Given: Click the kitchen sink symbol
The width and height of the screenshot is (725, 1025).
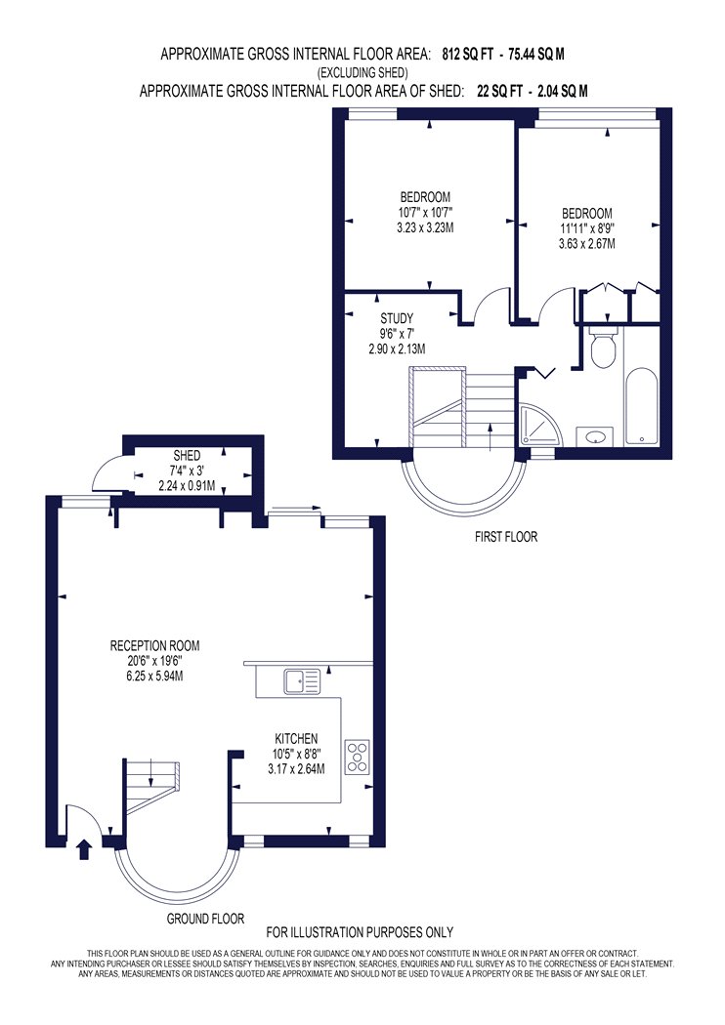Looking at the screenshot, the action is coord(302,681).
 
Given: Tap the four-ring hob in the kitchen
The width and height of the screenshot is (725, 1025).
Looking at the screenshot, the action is coord(358,757).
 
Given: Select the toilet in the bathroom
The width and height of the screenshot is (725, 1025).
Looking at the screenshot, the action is coord(601,348).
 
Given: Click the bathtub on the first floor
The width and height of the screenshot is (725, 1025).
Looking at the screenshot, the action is coord(641,408).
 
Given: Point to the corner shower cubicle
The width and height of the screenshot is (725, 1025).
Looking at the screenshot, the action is coord(539,425).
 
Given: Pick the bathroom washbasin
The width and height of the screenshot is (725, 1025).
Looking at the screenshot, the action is coord(595,436).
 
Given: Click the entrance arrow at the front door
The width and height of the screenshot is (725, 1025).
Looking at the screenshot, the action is coord(84,850).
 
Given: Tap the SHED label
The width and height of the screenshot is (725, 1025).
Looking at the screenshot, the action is coord(187,456).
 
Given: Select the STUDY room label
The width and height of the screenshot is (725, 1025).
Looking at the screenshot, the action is coord(397,318).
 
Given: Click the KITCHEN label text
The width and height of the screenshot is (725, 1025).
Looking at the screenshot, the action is coord(296,739).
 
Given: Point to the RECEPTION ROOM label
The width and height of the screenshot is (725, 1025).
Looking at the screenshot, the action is coord(154,646).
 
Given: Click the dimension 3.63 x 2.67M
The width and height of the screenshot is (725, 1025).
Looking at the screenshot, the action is coord(587,244).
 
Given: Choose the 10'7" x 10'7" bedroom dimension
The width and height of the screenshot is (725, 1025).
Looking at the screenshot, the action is coord(425,213).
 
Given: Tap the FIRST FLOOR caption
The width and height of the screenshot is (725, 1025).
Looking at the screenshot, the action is coord(506,537).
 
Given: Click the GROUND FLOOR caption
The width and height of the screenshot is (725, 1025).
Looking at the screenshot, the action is coord(205,919).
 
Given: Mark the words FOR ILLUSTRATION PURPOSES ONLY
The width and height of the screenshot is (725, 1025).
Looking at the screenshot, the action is coord(360,932).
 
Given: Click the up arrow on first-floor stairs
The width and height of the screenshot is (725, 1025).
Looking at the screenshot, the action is coord(490,436).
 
